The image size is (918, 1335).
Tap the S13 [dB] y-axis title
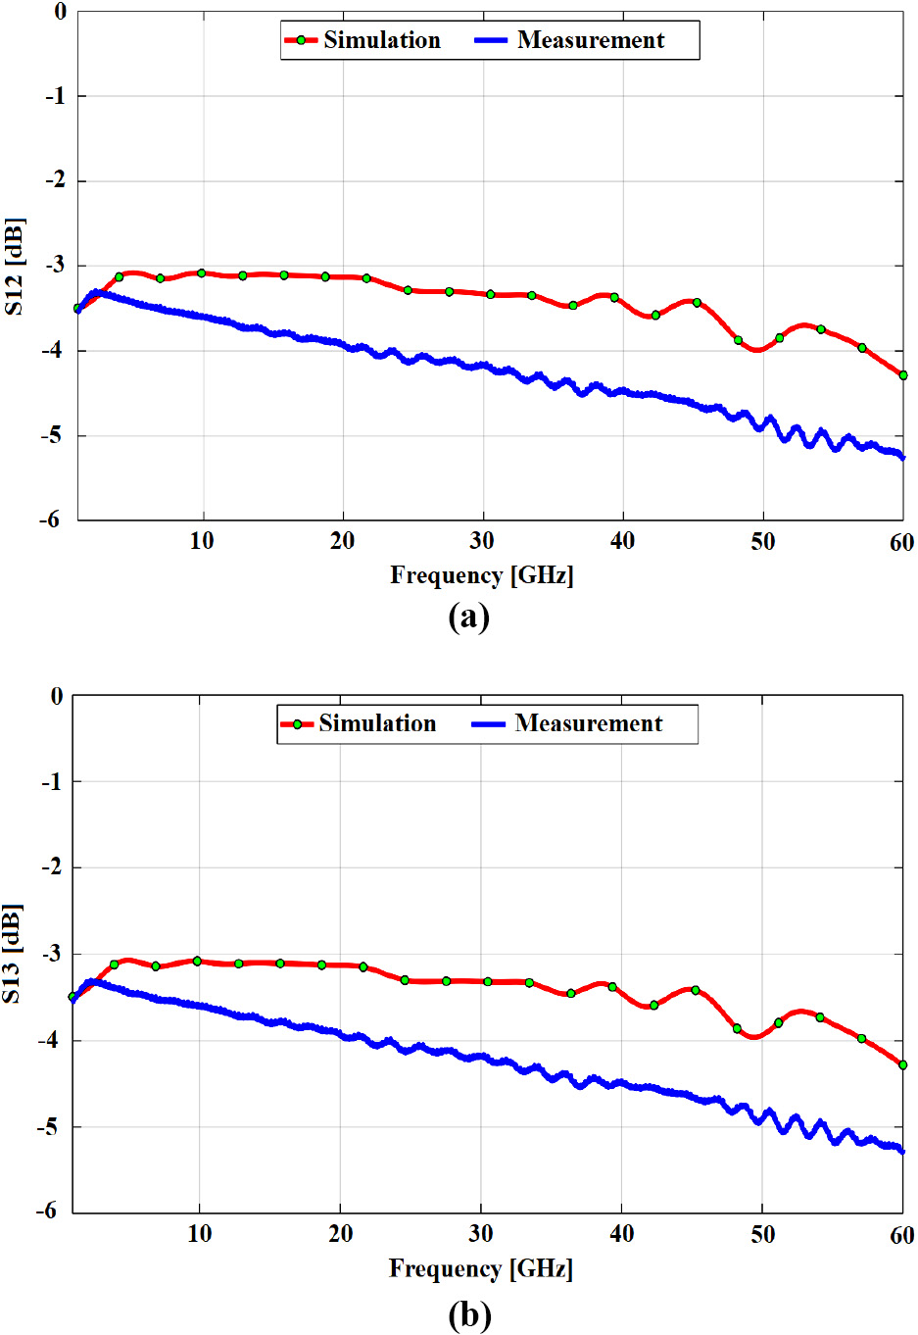[12, 954]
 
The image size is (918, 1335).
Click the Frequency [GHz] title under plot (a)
[481, 575]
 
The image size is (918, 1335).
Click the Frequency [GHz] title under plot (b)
[480, 1268]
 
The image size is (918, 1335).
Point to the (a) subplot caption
[468, 617]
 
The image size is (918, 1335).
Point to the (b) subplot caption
[469, 1314]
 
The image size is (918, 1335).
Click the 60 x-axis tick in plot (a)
[901, 542]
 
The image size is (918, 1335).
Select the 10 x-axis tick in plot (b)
[200, 1234]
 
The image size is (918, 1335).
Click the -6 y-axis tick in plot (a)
[51, 519]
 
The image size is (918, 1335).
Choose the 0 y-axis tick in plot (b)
[57, 697]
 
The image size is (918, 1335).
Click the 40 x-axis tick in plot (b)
[622, 1234]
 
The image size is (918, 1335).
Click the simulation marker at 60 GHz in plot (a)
[903, 375]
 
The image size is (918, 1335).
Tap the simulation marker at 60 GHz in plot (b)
[903, 1064]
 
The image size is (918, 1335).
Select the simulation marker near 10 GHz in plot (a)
[202, 273]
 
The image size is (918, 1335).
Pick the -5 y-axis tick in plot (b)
[49, 1127]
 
